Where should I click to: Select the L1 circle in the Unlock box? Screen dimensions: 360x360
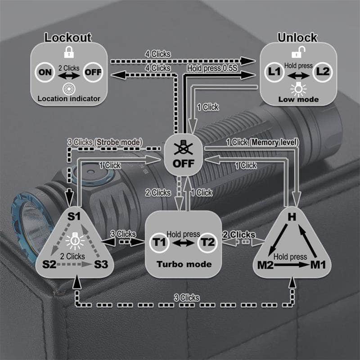[275, 72]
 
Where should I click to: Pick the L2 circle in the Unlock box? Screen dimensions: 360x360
[322, 72]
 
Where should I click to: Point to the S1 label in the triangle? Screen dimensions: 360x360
[74, 216]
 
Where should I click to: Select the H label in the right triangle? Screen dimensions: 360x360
[292, 216]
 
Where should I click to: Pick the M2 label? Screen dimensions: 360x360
[266, 265]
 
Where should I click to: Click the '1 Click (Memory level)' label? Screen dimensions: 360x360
[262, 143]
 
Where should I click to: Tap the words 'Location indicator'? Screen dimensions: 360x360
[68, 99]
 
